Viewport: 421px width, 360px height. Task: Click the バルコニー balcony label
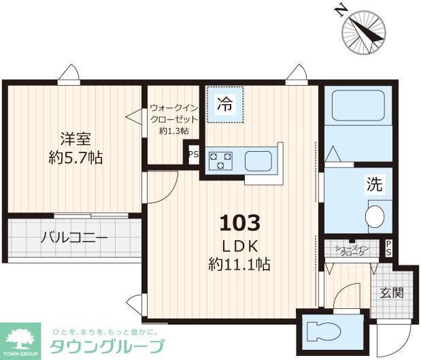pos(74,238)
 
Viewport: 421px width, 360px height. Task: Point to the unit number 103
pos(239,222)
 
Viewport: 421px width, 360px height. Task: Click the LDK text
pos(239,244)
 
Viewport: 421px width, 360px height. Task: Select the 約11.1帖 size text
pos(239,265)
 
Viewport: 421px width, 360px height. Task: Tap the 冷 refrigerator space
pos(224,104)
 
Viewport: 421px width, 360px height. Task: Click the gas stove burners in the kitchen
pos(220,161)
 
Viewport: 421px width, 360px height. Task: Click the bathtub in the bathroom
pos(358,105)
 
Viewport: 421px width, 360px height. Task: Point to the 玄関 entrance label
pos(391,293)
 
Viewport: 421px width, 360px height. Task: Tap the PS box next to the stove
pos(193,154)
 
